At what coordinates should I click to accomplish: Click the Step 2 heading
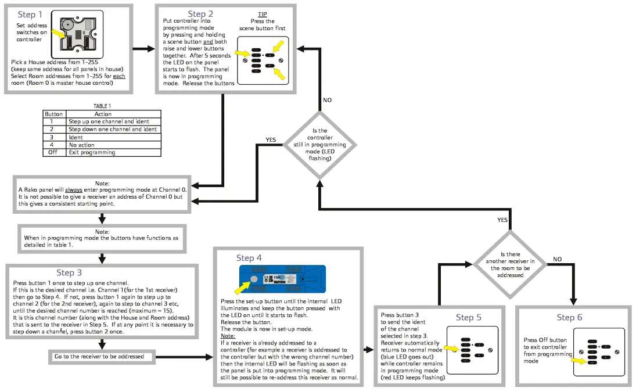pyautogui.click(x=200, y=14)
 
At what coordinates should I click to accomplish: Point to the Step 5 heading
pyautogui.click(x=469, y=317)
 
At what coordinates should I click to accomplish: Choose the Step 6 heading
pyautogui.click(x=569, y=317)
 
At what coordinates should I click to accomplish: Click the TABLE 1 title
pyautogui.click(x=102, y=107)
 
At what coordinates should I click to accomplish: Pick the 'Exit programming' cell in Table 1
pyautogui.click(x=92, y=152)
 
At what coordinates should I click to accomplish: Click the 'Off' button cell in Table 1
pyautogui.click(x=52, y=152)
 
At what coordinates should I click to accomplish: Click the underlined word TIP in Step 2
pyautogui.click(x=262, y=14)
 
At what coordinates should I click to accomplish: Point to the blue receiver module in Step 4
pyautogui.click(x=283, y=278)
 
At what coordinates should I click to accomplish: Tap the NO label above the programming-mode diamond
pyautogui.click(x=328, y=100)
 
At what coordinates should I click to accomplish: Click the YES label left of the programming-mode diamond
pyautogui.click(x=271, y=140)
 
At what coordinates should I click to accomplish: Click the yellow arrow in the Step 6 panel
pyautogui.click(x=578, y=360)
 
